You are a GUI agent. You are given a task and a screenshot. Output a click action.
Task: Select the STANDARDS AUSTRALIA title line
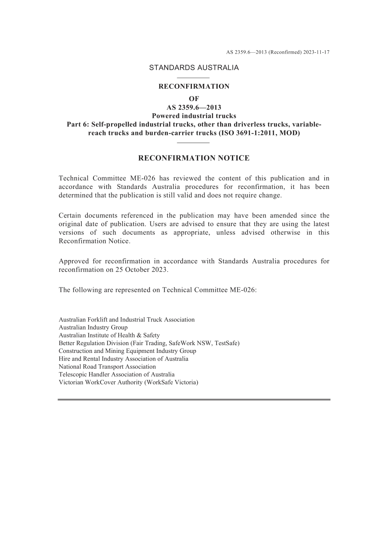(x=194, y=68)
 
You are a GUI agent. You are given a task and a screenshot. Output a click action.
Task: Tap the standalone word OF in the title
(x=194, y=99)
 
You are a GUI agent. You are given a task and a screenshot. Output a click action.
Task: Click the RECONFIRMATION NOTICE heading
(x=194, y=158)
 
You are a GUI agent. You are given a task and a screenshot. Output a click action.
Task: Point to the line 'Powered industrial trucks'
(x=194, y=116)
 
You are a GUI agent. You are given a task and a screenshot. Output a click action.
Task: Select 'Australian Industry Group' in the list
(x=93, y=328)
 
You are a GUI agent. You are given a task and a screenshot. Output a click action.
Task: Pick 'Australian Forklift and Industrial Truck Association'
(x=127, y=320)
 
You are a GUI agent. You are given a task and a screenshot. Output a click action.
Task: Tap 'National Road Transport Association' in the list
(x=107, y=367)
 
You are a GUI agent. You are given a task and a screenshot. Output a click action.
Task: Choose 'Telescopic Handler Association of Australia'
(x=116, y=375)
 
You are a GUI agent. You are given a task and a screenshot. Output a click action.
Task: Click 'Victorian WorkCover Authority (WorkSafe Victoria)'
(x=128, y=382)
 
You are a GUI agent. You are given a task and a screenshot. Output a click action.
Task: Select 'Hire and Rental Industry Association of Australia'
(x=123, y=359)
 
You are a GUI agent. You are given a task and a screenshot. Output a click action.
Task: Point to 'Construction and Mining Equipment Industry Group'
(x=127, y=351)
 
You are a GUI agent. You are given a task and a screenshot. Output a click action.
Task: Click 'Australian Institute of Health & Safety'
(x=109, y=335)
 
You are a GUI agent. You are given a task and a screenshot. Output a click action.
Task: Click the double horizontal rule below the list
(x=194, y=400)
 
